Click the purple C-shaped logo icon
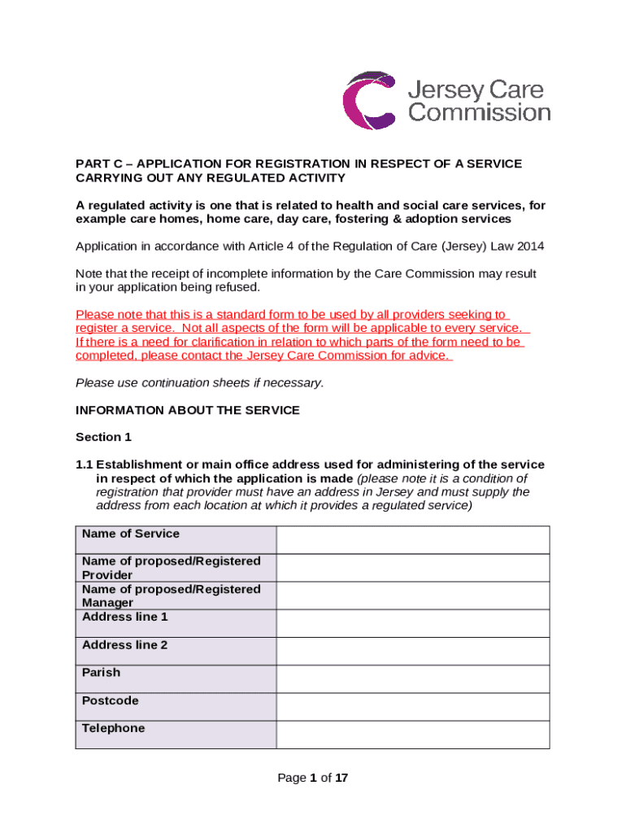tap(370, 100)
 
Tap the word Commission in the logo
tap(479, 112)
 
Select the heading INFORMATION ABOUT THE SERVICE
tap(188, 410)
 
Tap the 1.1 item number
tap(85, 464)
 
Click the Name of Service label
tap(131, 534)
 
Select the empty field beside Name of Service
tap(412, 539)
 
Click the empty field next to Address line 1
tap(412, 623)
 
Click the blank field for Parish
tap(412, 678)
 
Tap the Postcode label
tap(111, 700)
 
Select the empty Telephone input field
tap(412, 734)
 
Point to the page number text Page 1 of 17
tap(313, 778)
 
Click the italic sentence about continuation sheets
tap(199, 382)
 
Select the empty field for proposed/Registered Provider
tap(412, 567)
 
